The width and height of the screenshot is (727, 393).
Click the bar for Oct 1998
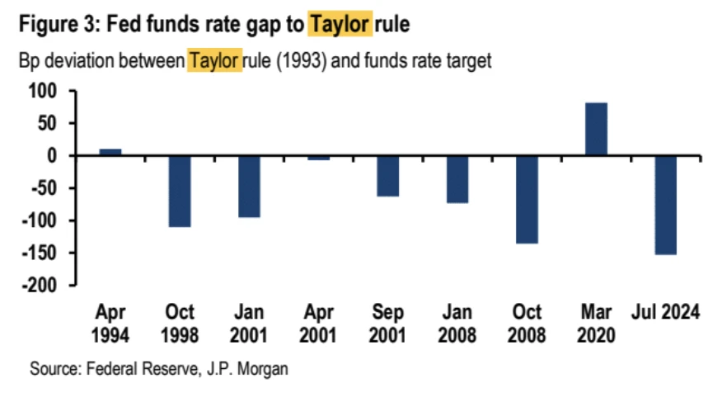tap(180, 191)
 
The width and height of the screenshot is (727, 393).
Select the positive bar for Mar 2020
tap(596, 129)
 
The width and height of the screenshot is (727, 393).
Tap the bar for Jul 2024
tap(665, 205)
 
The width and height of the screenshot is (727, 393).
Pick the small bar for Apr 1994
tap(110, 152)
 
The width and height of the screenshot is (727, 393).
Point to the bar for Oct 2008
tap(527, 199)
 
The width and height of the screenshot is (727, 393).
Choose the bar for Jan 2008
tap(457, 179)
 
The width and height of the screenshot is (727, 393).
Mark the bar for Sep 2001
tap(388, 176)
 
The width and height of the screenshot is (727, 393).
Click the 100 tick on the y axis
tap(51, 91)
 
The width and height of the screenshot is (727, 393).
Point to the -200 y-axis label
tap(48, 285)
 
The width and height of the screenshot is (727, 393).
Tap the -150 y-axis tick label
tap(48, 253)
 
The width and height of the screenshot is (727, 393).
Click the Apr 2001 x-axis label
tap(318, 323)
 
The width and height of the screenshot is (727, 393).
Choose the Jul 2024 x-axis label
tap(665, 313)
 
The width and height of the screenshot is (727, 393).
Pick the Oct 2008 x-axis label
tap(527, 323)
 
